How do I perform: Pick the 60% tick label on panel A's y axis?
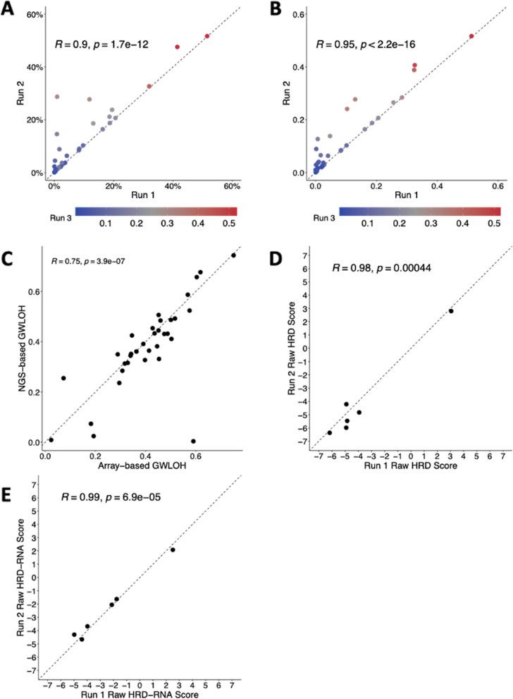(34, 15)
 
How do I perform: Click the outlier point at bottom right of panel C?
(193, 441)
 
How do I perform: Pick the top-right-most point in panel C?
(234, 255)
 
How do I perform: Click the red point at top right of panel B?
(471, 36)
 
